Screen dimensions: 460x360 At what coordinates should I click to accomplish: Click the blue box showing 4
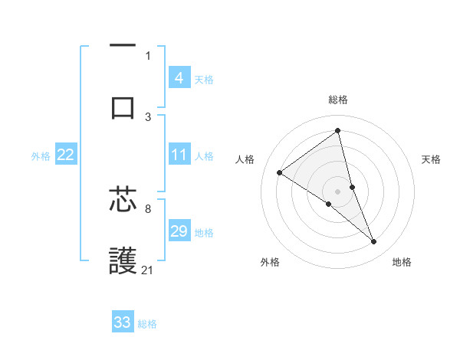click(x=179, y=78)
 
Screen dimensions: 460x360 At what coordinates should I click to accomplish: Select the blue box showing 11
click(x=179, y=155)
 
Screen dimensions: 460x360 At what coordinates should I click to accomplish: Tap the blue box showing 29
click(x=179, y=231)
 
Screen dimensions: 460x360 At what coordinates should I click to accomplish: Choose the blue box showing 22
click(x=65, y=155)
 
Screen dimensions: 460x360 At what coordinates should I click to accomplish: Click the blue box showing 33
click(x=123, y=322)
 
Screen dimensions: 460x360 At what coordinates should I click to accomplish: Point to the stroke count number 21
click(x=148, y=270)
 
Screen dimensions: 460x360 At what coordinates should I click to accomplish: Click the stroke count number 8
click(x=148, y=208)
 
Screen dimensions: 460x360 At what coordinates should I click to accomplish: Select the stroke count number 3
click(x=148, y=116)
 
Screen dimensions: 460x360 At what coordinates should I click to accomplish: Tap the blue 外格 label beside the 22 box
click(x=41, y=156)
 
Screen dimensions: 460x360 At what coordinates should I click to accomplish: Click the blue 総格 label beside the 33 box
click(x=147, y=324)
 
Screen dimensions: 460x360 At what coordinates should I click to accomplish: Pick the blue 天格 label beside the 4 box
click(x=204, y=80)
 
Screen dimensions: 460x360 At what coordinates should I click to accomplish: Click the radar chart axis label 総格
click(x=338, y=100)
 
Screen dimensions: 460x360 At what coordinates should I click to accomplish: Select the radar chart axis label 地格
click(x=402, y=262)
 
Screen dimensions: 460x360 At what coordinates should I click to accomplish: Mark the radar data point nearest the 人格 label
click(x=280, y=172)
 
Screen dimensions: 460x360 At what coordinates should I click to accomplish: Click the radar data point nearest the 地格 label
click(x=373, y=241)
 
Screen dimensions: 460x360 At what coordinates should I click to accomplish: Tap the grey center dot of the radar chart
click(x=338, y=191)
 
